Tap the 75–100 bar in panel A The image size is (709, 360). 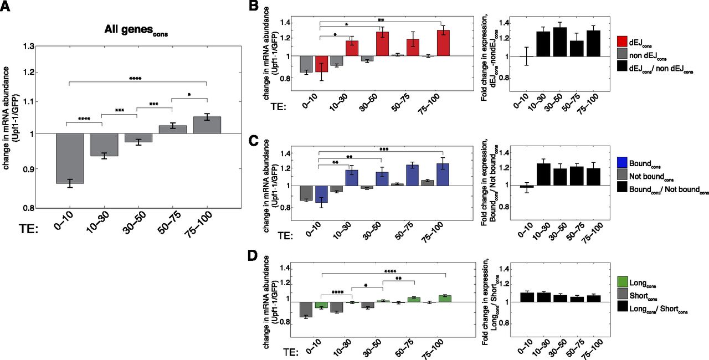207,125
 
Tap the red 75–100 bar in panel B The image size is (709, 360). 443,43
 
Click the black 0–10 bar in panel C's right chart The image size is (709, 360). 515,188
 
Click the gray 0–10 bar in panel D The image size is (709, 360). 306,310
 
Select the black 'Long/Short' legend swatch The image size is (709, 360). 621,310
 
